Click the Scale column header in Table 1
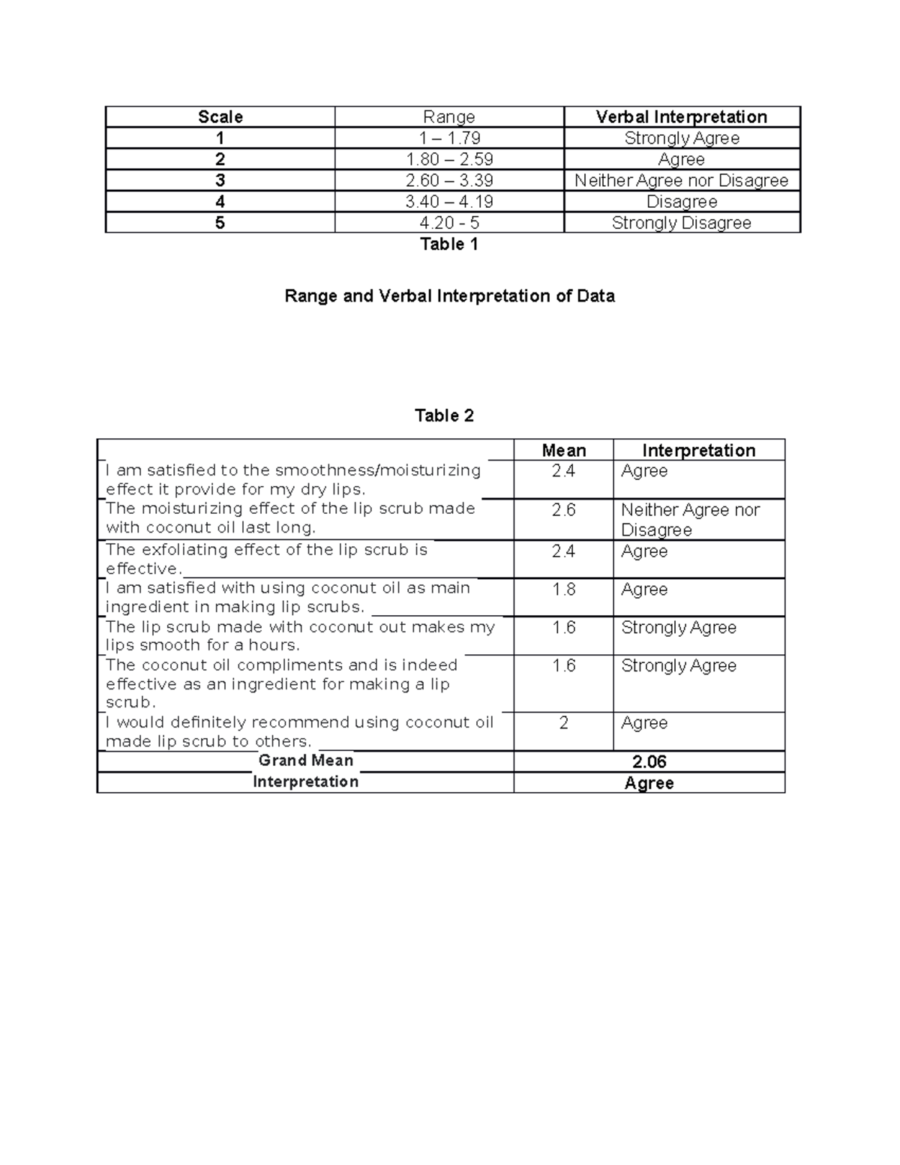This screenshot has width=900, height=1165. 220,117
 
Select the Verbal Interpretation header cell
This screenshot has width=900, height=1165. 681,117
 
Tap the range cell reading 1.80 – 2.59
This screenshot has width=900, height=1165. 449,159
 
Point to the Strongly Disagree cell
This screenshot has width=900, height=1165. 681,223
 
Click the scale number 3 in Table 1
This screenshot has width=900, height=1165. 220,181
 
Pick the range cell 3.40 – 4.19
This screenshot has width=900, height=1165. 449,202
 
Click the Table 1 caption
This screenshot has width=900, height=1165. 448,244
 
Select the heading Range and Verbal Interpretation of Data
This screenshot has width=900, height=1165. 449,296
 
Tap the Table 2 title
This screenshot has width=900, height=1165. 444,416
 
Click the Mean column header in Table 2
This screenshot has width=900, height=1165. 563,451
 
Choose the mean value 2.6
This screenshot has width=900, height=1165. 563,510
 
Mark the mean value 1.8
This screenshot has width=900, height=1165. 563,590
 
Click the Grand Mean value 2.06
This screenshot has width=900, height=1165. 649,762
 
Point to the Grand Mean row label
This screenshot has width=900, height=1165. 305,761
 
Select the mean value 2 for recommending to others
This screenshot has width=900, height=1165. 563,723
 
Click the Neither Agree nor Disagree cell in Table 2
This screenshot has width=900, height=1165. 690,519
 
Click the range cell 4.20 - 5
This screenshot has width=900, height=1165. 449,223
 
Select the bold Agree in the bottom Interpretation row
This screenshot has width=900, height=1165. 649,783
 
